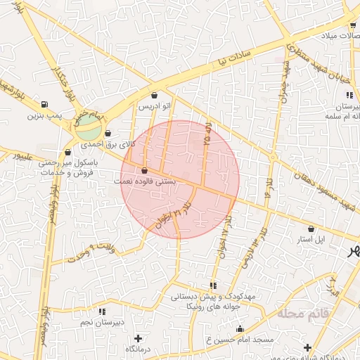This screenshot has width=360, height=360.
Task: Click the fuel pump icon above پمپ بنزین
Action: click(45, 103)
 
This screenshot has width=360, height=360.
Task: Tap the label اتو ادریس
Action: click(155, 106)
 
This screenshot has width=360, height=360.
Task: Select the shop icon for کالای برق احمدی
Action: click(108, 133)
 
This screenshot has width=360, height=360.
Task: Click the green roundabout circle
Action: click(89, 127)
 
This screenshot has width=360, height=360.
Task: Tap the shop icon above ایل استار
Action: click(311, 229)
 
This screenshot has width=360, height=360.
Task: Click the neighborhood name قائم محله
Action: click(303, 311)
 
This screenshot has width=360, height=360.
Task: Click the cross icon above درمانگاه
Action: click(138, 338)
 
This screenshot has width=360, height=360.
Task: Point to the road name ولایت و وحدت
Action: click(91, 251)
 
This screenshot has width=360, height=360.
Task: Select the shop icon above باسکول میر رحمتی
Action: click(68, 151)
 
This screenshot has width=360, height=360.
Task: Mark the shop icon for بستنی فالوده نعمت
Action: click(145, 170)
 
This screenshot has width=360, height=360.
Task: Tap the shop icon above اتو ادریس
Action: click(155, 95)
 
